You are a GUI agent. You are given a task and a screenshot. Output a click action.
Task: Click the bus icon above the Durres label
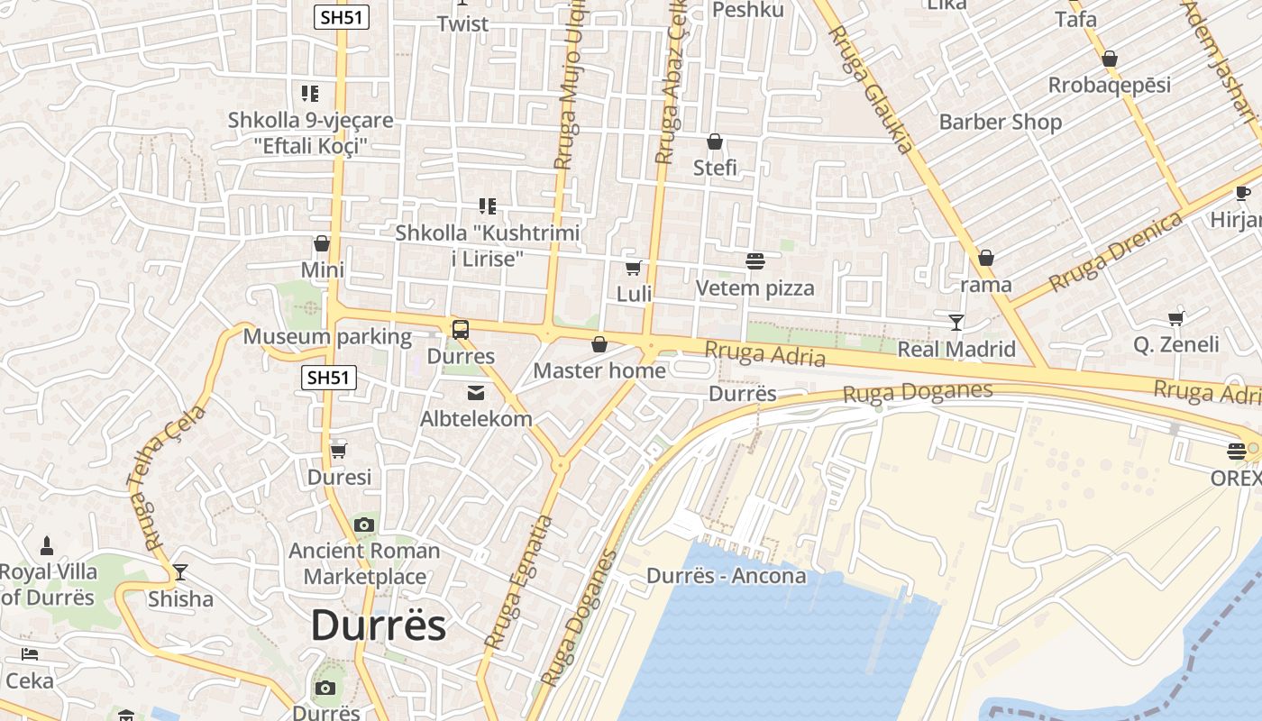pyautogui.click(x=461, y=329)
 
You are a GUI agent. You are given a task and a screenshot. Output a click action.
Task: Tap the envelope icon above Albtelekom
pyautogui.click(x=475, y=392)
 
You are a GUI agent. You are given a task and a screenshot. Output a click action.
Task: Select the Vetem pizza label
pyautogui.click(x=754, y=287)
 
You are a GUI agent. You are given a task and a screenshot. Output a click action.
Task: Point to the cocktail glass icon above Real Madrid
pyautogui.click(x=956, y=322)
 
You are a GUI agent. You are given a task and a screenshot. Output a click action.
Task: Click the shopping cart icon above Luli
pyautogui.click(x=634, y=268)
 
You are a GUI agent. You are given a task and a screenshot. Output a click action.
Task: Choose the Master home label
pyautogui.click(x=599, y=370)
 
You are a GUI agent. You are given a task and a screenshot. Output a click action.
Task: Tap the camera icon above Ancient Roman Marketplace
pyautogui.click(x=364, y=525)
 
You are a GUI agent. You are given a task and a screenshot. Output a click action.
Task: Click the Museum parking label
pyautogui.click(x=327, y=337)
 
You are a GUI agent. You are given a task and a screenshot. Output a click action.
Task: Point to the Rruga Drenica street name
pyautogui.click(x=1116, y=252)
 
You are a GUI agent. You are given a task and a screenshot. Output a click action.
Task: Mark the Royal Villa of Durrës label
pyautogui.click(x=48, y=584)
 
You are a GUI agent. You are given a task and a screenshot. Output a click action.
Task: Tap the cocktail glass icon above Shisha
pyautogui.click(x=180, y=572)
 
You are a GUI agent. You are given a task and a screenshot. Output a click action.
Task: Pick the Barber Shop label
pyautogui.click(x=1000, y=122)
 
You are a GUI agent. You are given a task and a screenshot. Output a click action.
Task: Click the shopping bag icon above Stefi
pyautogui.click(x=715, y=141)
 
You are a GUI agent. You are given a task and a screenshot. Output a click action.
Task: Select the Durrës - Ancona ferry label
pyautogui.click(x=726, y=575)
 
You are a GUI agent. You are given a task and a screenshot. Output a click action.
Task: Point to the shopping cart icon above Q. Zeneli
pyautogui.click(x=1175, y=317)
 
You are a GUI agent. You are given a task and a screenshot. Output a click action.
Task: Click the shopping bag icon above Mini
pyautogui.click(x=322, y=243)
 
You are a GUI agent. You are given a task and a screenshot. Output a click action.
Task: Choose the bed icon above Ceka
pyautogui.click(x=30, y=654)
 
